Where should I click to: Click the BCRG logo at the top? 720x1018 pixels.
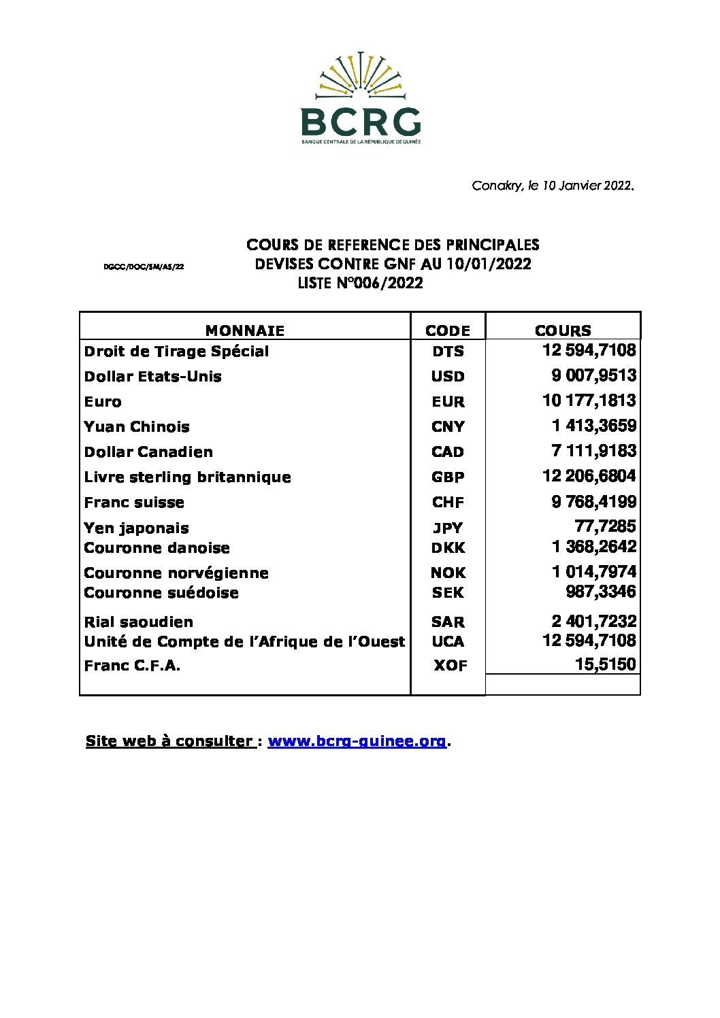(x=360, y=98)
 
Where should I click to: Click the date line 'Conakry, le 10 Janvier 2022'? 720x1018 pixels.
(x=553, y=186)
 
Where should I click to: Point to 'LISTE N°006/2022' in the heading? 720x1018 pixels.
(x=360, y=284)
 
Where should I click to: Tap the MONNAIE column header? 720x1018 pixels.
(x=245, y=330)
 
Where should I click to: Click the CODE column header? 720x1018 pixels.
(x=447, y=330)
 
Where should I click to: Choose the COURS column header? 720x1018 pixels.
(x=563, y=330)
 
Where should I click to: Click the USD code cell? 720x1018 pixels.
(x=448, y=376)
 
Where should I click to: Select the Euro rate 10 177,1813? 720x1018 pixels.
(x=589, y=401)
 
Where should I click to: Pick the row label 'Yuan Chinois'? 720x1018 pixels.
(x=137, y=427)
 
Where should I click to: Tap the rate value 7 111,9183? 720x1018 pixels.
(x=593, y=451)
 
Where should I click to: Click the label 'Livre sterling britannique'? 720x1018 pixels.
(x=187, y=477)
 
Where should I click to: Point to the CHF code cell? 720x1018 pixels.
(x=448, y=503)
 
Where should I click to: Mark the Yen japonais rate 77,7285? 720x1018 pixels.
(x=605, y=526)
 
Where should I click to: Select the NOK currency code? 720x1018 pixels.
(x=448, y=573)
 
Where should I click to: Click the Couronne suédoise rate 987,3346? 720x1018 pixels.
(x=601, y=592)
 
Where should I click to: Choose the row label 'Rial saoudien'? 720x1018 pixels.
(x=139, y=622)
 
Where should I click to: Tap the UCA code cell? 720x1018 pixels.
(x=448, y=641)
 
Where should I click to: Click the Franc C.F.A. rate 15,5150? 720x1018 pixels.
(x=605, y=664)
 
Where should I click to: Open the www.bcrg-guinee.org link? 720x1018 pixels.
(x=357, y=741)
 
